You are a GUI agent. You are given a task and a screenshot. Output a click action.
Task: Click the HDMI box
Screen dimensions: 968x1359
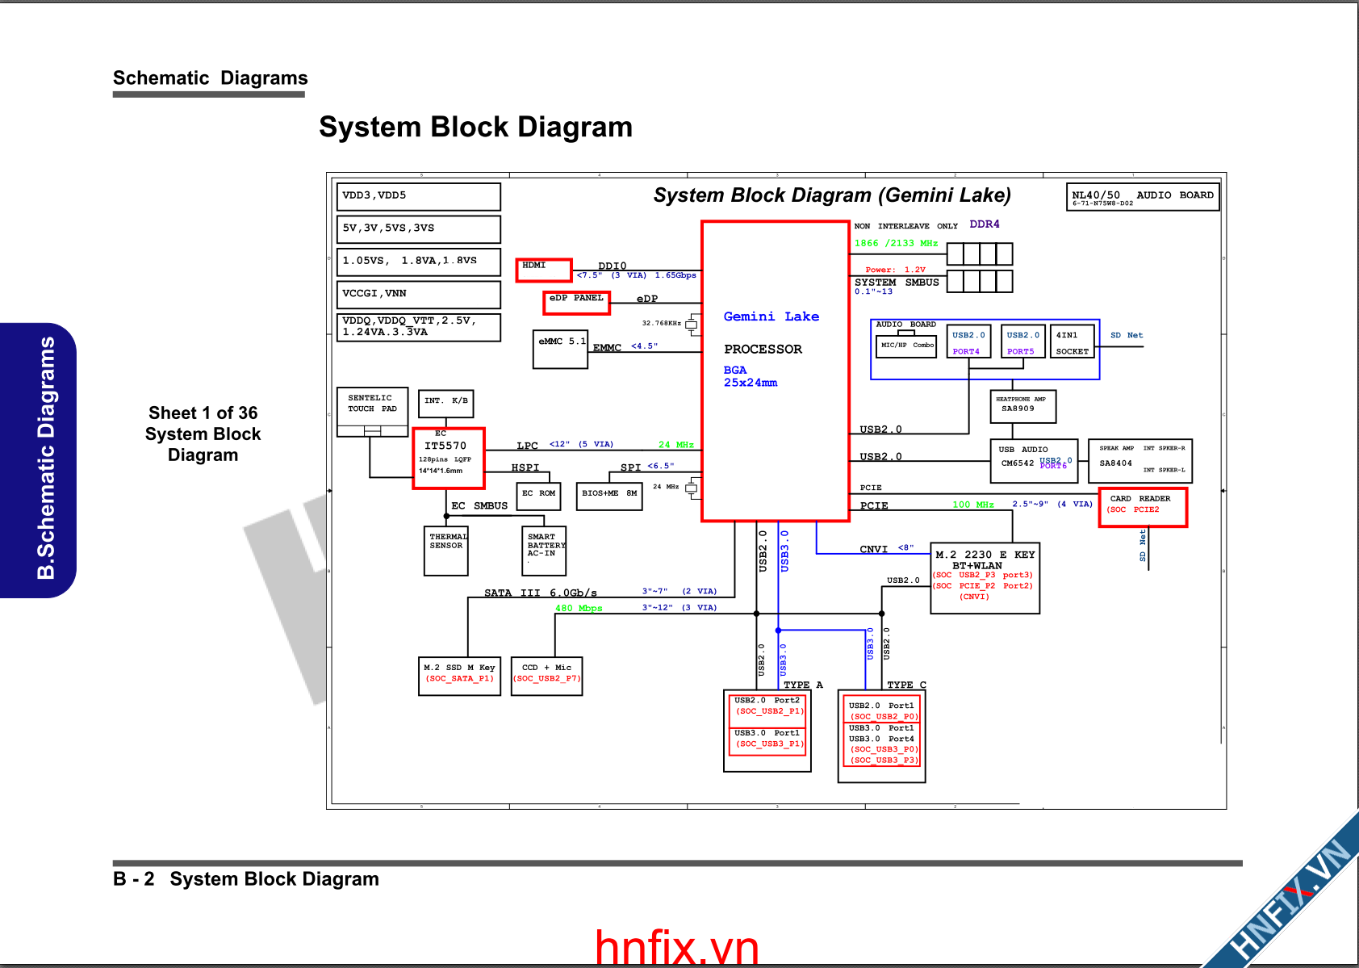point(544,270)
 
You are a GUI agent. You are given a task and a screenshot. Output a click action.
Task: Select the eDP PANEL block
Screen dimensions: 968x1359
point(576,302)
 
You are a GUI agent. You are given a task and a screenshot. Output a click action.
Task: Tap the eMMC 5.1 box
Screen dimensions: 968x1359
point(560,350)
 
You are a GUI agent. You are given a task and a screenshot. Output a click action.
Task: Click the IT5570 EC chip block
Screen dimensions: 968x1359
point(449,458)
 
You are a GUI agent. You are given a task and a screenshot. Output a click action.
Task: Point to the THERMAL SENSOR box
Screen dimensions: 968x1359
point(446,551)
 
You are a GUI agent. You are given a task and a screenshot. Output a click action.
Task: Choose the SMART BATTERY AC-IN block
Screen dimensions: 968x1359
point(544,551)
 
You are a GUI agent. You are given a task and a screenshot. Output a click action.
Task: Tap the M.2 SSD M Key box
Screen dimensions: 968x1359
point(459,676)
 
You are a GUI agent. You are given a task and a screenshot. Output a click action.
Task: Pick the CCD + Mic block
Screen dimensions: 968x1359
point(546,676)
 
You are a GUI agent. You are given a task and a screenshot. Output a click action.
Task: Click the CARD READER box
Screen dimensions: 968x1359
point(1143,508)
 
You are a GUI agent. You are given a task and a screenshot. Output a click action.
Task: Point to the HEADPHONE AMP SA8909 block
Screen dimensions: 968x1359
point(1022,406)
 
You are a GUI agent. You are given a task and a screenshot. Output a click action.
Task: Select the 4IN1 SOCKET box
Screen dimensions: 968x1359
point(1072,342)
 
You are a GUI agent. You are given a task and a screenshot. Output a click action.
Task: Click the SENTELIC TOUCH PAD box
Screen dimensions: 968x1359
point(372,407)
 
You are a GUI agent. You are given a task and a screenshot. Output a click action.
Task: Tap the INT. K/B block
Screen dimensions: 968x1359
point(445,403)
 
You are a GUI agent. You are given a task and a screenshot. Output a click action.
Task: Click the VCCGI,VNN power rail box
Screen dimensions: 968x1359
point(418,294)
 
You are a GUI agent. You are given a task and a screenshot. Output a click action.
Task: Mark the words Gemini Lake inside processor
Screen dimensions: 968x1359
point(771,316)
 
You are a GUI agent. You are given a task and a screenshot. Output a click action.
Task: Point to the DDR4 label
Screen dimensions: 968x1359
point(984,224)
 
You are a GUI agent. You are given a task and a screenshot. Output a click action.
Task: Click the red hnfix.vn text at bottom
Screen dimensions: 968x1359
point(677,948)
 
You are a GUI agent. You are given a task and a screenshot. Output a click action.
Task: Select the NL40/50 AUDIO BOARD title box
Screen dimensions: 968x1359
point(1142,197)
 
